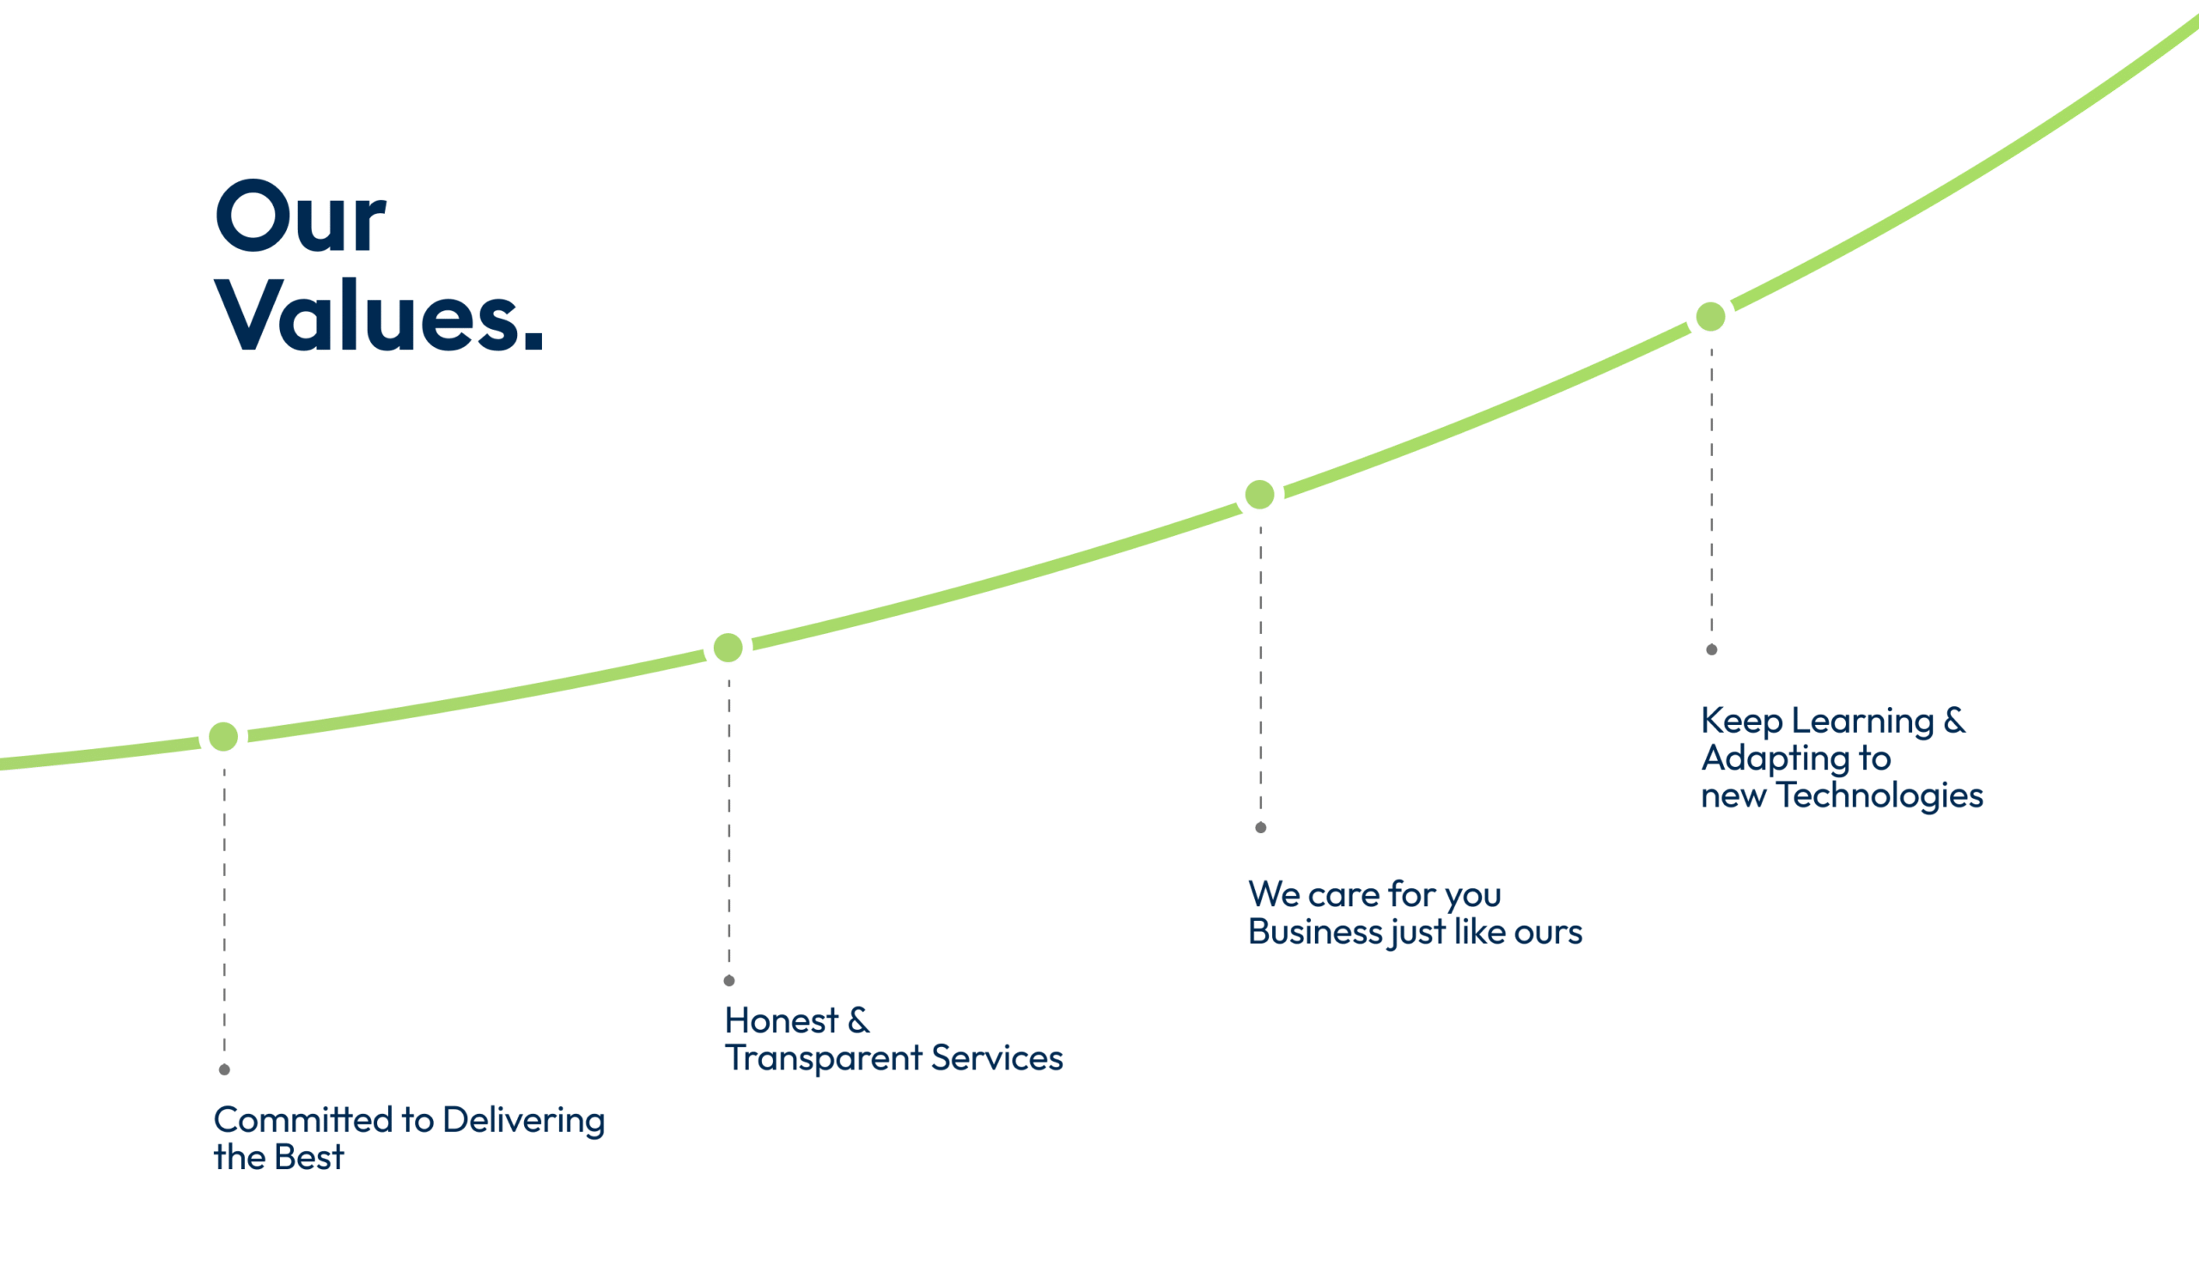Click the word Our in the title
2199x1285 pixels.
click(300, 216)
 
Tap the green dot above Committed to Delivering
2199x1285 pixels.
click(223, 736)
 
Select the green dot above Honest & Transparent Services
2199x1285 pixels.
click(728, 648)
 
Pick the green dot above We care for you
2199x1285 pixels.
click(1259, 495)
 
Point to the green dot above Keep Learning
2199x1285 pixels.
click(1710, 317)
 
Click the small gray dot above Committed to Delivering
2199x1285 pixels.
click(224, 1069)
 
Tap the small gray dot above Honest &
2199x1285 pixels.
click(729, 981)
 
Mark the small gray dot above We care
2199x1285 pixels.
click(1261, 828)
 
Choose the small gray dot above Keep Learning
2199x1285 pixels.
click(1712, 650)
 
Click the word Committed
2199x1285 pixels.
click(304, 1120)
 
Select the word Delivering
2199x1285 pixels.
click(524, 1122)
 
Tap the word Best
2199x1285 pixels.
click(309, 1158)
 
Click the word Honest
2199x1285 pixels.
click(781, 1020)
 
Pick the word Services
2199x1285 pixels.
click(997, 1058)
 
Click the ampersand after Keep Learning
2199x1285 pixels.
click(1955, 720)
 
